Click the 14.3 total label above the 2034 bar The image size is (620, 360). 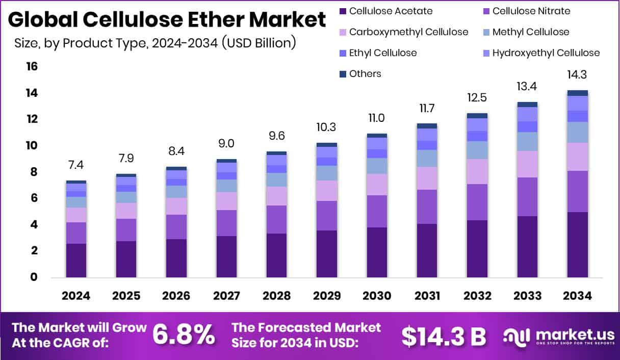[x=578, y=74]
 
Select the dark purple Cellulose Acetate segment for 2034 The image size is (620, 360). [x=578, y=245]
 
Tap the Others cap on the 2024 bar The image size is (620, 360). [x=76, y=182]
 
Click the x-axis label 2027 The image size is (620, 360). [x=226, y=296]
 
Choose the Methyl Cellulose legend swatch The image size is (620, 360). [x=486, y=32]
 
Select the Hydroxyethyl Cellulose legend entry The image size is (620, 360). [x=546, y=53]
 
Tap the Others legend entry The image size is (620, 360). [x=365, y=74]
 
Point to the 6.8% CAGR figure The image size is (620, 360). [x=184, y=335]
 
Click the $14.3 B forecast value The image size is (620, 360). [x=443, y=335]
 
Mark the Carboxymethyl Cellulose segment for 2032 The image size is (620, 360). [x=477, y=171]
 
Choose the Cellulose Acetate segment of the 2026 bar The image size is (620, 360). [x=176, y=258]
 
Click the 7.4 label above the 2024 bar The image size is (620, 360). [x=76, y=165]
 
